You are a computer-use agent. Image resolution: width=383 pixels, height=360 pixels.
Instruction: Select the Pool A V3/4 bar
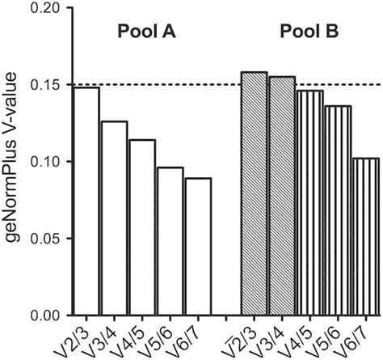pyautogui.click(x=114, y=218)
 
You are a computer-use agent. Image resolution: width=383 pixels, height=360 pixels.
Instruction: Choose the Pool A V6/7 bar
pyautogui.click(x=197, y=247)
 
